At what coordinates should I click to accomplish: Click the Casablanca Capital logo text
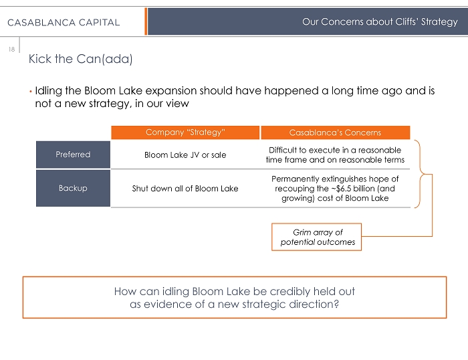click(64, 22)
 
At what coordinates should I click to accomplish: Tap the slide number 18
click(11, 48)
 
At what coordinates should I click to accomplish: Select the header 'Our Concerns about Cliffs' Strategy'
click(380, 22)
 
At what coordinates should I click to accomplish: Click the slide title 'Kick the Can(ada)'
click(80, 59)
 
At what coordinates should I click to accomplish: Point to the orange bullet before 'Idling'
click(30, 90)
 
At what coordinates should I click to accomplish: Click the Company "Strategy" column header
click(185, 132)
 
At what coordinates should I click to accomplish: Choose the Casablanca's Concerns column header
click(334, 132)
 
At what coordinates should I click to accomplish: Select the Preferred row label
click(73, 155)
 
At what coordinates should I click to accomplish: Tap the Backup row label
click(73, 188)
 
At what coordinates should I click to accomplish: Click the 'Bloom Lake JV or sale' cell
click(185, 155)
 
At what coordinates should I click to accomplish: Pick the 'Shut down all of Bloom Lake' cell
click(185, 188)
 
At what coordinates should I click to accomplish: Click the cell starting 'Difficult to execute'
click(334, 155)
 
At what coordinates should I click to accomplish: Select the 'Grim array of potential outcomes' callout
click(318, 237)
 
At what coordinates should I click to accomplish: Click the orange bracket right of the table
click(425, 174)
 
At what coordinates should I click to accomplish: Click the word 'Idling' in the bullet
click(51, 90)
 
